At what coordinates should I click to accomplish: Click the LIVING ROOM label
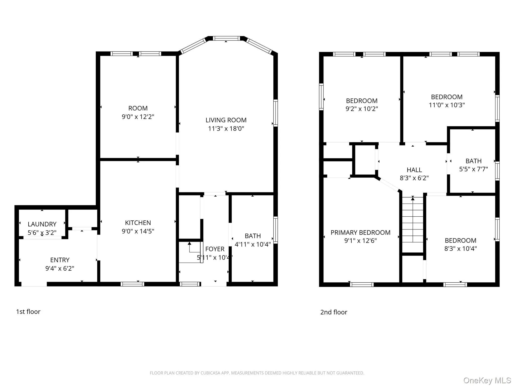tap(226, 120)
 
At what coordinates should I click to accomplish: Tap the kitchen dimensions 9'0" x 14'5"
tap(138, 231)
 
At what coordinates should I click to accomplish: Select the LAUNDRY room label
tap(42, 224)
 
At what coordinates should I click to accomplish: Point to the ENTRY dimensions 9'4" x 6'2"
tap(60, 268)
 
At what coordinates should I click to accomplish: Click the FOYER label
tap(215, 249)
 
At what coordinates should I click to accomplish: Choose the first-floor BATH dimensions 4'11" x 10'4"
tap(252, 244)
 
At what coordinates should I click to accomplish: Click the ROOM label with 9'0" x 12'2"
tap(138, 108)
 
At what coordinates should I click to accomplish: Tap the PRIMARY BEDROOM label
tap(360, 232)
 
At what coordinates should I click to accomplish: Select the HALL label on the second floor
tap(414, 170)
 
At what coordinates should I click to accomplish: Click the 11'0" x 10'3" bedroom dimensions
tap(447, 105)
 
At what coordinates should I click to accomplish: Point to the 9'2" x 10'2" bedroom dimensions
tap(362, 109)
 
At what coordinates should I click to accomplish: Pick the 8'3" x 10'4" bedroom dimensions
tap(460, 249)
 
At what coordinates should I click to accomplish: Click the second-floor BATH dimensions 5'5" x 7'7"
tap(473, 169)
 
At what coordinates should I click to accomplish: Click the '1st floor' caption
tap(28, 312)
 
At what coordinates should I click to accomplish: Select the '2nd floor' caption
tap(334, 312)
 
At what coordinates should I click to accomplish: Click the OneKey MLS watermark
tap(487, 380)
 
